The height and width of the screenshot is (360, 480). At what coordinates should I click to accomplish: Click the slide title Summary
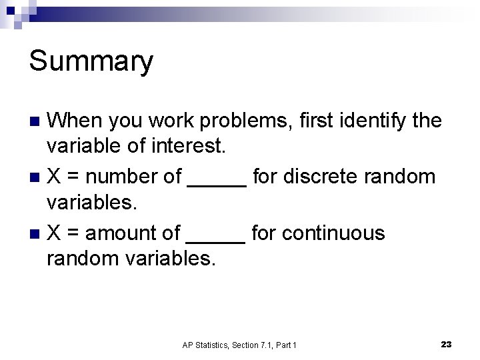pos(91,62)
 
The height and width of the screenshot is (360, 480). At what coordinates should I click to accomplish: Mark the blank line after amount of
pos(217,241)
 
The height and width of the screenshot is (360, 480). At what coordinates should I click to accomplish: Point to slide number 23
pos(446,344)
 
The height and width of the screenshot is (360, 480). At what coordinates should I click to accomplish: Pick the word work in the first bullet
pos(171,121)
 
